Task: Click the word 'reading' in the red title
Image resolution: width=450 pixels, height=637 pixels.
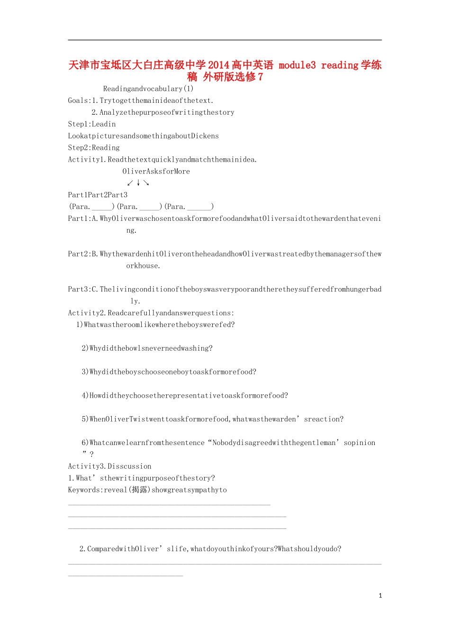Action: coord(339,65)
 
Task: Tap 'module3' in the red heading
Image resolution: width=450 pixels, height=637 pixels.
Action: coord(297,65)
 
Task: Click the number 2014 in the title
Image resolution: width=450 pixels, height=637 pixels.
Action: coord(218,65)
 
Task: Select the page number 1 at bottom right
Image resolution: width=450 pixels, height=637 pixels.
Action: coord(380,596)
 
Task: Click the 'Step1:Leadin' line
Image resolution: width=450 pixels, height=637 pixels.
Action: coord(92,124)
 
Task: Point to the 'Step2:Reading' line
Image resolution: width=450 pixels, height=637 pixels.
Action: coord(94,148)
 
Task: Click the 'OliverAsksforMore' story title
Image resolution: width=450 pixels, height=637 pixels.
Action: coord(156,172)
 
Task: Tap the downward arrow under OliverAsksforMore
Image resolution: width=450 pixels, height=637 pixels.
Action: coord(138,183)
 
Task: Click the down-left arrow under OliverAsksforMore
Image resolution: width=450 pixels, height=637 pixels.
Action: coord(130,183)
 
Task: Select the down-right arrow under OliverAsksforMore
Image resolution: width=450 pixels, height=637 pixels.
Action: coord(146,183)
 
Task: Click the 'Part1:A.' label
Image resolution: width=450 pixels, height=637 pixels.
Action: coord(83,218)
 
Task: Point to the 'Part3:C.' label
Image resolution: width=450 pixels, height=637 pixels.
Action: coord(83,289)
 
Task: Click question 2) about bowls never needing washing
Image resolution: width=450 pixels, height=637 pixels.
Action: coord(147,348)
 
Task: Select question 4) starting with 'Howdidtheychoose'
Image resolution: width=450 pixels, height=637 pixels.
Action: coord(185,396)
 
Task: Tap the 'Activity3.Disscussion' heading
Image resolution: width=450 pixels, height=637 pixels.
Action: coord(110,466)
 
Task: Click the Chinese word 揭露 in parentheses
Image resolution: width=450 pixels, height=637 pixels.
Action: coord(139,490)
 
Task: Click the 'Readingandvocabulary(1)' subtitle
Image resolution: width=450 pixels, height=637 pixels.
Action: coord(148,89)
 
